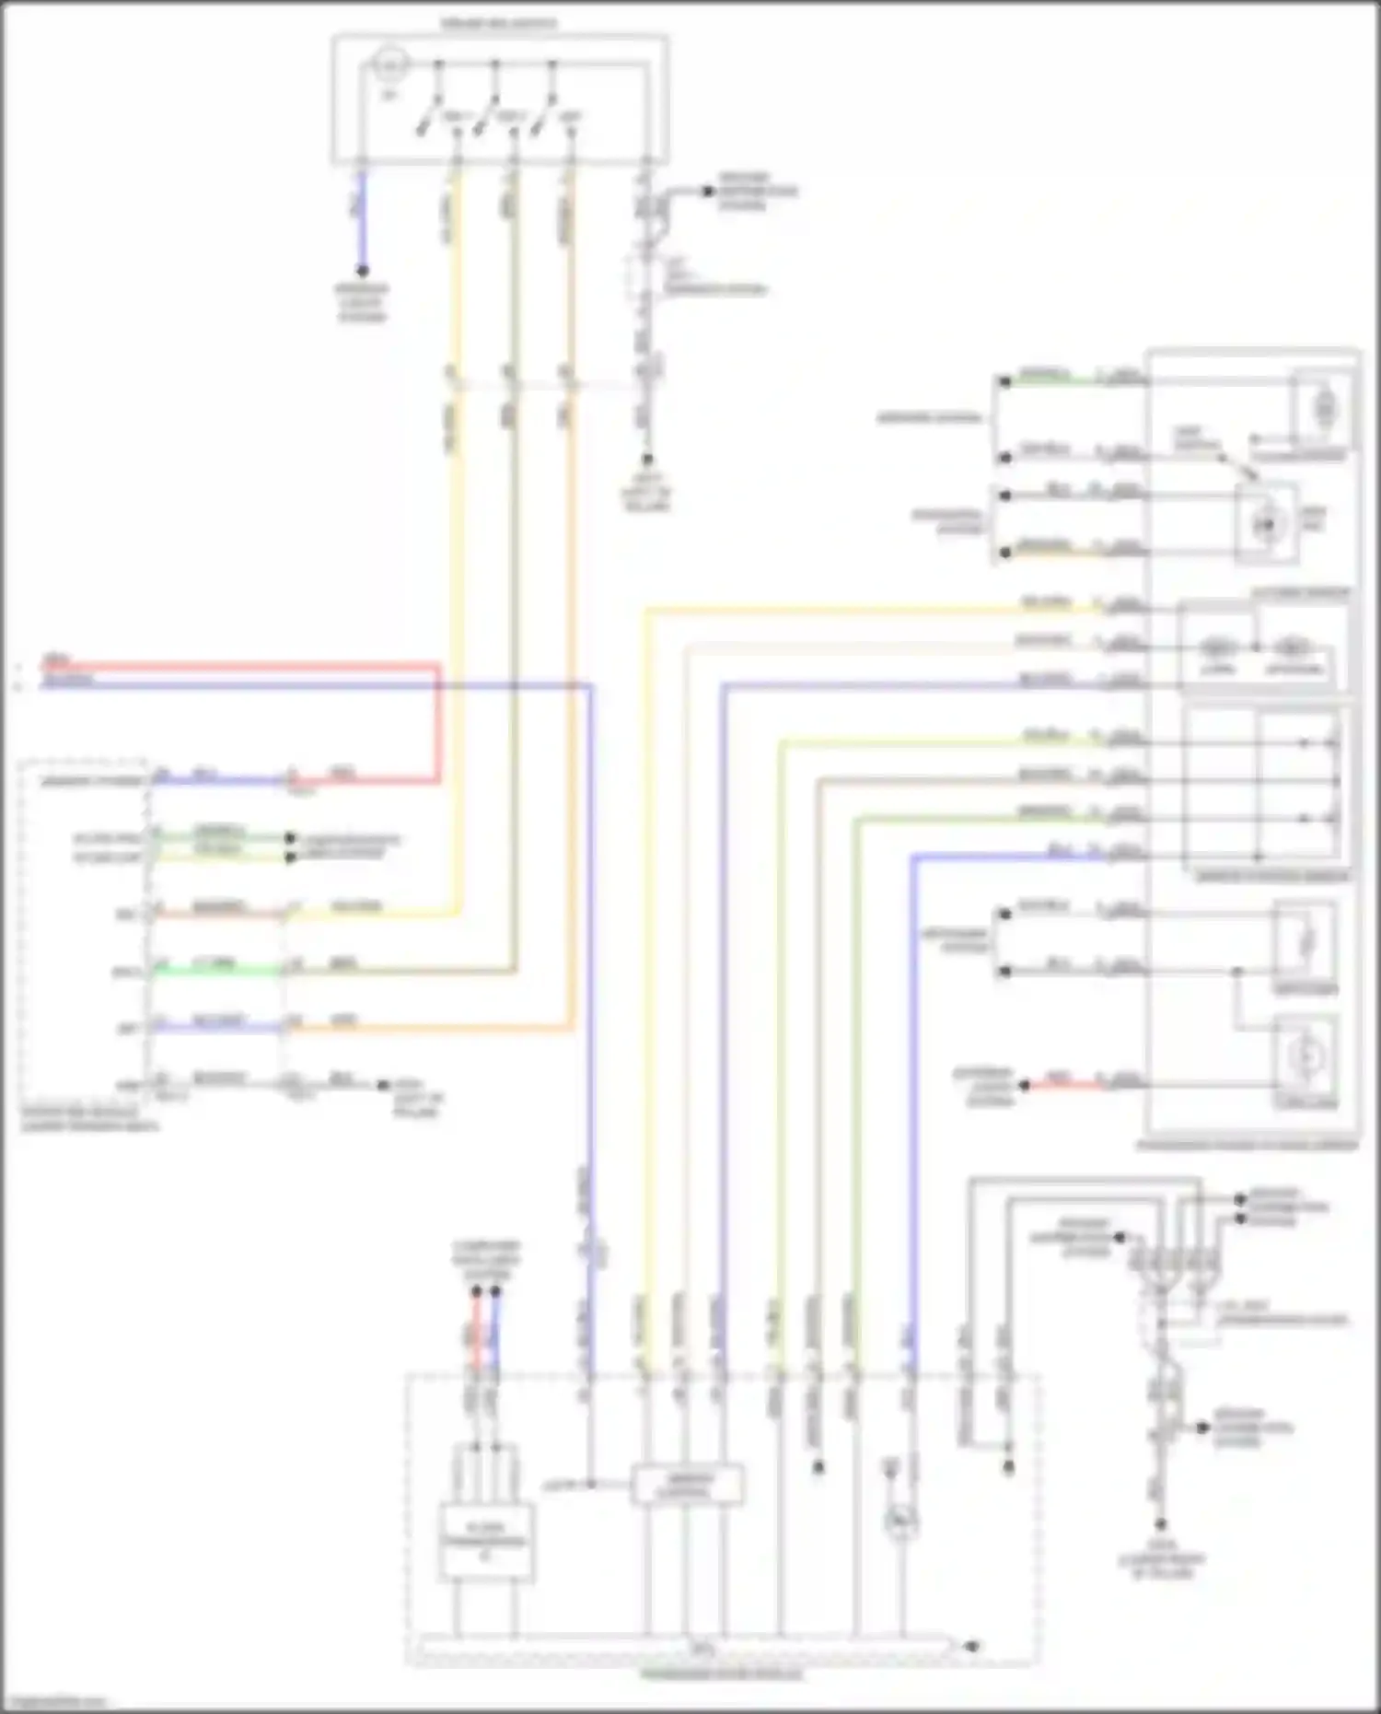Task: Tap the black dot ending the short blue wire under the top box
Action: [363, 271]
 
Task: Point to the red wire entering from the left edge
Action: [230, 665]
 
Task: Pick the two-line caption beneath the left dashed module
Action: [89, 1120]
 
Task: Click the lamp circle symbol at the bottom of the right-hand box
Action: [1305, 1059]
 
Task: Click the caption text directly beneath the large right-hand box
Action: [1248, 1145]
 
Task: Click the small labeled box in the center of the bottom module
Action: [687, 1484]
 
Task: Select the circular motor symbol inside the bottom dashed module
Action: [899, 1523]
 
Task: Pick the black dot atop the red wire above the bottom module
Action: [477, 1292]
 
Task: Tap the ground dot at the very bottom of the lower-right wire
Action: [1161, 1525]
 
